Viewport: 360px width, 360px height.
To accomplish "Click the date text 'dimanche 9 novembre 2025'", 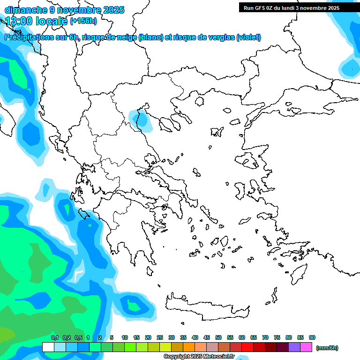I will [64, 10].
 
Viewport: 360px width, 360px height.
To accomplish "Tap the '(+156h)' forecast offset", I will [83, 21].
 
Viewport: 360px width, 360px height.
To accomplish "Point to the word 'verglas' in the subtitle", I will [220, 37].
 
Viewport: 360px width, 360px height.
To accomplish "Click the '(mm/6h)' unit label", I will [327, 348].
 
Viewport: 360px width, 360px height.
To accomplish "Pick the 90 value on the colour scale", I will [312, 338].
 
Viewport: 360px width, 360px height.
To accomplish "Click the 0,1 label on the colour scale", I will [55, 338].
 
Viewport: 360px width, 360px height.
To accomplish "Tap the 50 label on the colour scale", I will [218, 338].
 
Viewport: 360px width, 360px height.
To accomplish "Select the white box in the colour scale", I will [48, 347].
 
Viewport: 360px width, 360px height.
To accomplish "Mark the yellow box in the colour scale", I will [165, 347].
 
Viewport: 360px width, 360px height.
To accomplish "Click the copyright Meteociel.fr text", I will [199, 356].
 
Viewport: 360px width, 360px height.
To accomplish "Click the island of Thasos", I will [199, 102].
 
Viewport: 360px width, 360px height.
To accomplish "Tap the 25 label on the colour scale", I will [160, 338].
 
